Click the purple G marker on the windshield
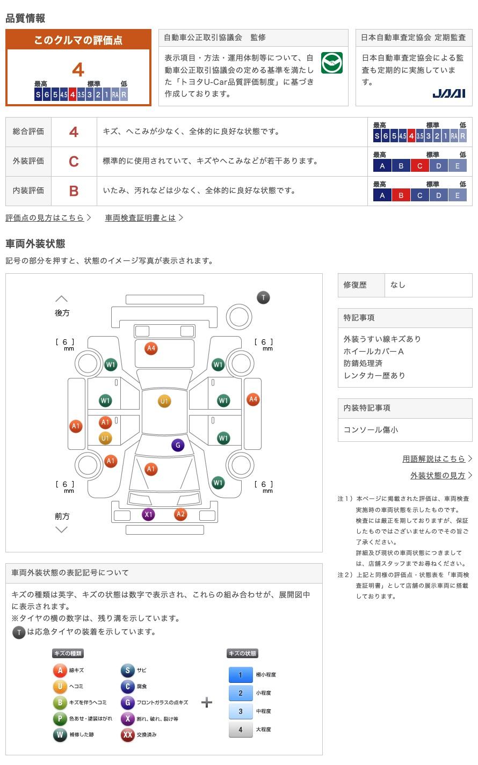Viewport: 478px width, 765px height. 178,445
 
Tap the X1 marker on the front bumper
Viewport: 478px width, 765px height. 148,514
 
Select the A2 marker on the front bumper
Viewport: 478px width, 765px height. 180,514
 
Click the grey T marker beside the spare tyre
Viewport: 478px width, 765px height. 263,297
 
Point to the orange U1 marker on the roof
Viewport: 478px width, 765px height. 164,401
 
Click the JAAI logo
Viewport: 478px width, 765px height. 448,93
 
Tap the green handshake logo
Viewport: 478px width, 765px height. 331,63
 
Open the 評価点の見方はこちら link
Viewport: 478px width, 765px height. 45,217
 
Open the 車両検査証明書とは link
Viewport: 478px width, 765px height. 140,217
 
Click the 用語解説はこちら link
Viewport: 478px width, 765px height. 433,458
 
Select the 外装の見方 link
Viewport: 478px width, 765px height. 438,475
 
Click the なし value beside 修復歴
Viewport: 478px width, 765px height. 398,285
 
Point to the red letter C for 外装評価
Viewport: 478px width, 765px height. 74,161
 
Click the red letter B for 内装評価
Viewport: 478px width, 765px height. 74,191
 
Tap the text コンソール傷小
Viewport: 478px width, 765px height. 371,430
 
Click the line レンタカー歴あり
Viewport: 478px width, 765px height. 374,375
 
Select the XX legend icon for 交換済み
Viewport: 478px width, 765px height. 127,735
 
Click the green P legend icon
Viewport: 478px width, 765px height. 60,719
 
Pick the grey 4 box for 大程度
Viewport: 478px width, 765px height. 240,730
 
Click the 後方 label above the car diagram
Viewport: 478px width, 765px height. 62,312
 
